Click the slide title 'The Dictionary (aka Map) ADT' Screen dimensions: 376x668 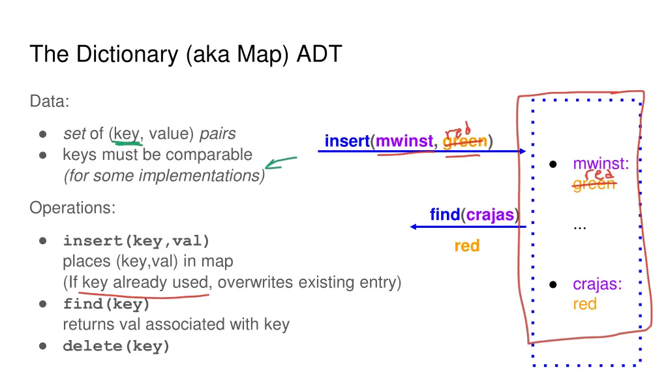(x=186, y=54)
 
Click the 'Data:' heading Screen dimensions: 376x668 (x=50, y=102)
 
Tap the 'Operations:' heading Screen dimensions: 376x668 (x=72, y=208)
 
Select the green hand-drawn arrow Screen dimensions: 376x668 (x=281, y=163)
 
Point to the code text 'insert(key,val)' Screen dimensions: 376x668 (x=136, y=241)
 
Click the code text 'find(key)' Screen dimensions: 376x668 (x=106, y=304)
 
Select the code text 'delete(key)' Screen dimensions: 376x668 (x=116, y=347)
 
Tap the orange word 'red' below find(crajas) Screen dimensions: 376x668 (x=467, y=246)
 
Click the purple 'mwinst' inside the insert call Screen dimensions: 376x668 (x=404, y=141)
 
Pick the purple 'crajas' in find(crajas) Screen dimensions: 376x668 (x=490, y=215)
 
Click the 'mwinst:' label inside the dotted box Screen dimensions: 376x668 (x=601, y=164)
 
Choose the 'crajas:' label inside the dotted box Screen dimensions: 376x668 (x=597, y=285)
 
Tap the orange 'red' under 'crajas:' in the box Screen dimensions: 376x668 (x=584, y=304)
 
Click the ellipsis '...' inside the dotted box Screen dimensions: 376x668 (x=579, y=226)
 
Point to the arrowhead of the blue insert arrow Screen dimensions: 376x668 (x=523, y=151)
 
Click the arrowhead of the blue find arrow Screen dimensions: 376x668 (x=414, y=227)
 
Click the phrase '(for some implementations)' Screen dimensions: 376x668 (x=164, y=176)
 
